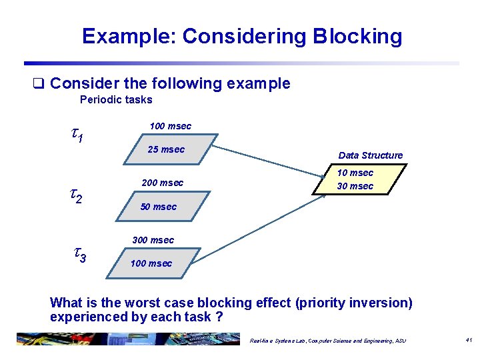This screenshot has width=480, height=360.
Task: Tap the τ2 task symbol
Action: [x=77, y=195]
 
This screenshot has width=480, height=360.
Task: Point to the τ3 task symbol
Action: [x=79, y=254]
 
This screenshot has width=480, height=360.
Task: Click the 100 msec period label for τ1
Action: [x=170, y=126]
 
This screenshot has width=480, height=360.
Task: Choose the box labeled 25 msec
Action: [x=167, y=149]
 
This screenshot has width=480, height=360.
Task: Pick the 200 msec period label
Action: [x=162, y=183]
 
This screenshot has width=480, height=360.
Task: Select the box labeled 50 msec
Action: [x=159, y=207]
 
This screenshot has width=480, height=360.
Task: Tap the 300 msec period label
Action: [x=153, y=240]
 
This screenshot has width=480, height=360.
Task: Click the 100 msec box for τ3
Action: [x=151, y=263]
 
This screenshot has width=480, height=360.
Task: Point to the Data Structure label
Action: [x=370, y=155]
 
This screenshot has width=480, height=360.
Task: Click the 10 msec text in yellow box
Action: [x=355, y=173]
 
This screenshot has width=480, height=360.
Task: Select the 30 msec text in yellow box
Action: [x=355, y=186]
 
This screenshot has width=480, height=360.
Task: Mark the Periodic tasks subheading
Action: [x=116, y=100]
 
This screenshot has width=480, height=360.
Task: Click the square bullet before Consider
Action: [x=39, y=84]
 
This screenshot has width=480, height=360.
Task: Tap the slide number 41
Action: [x=468, y=340]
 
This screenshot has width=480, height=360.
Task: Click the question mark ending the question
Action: [x=219, y=317]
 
